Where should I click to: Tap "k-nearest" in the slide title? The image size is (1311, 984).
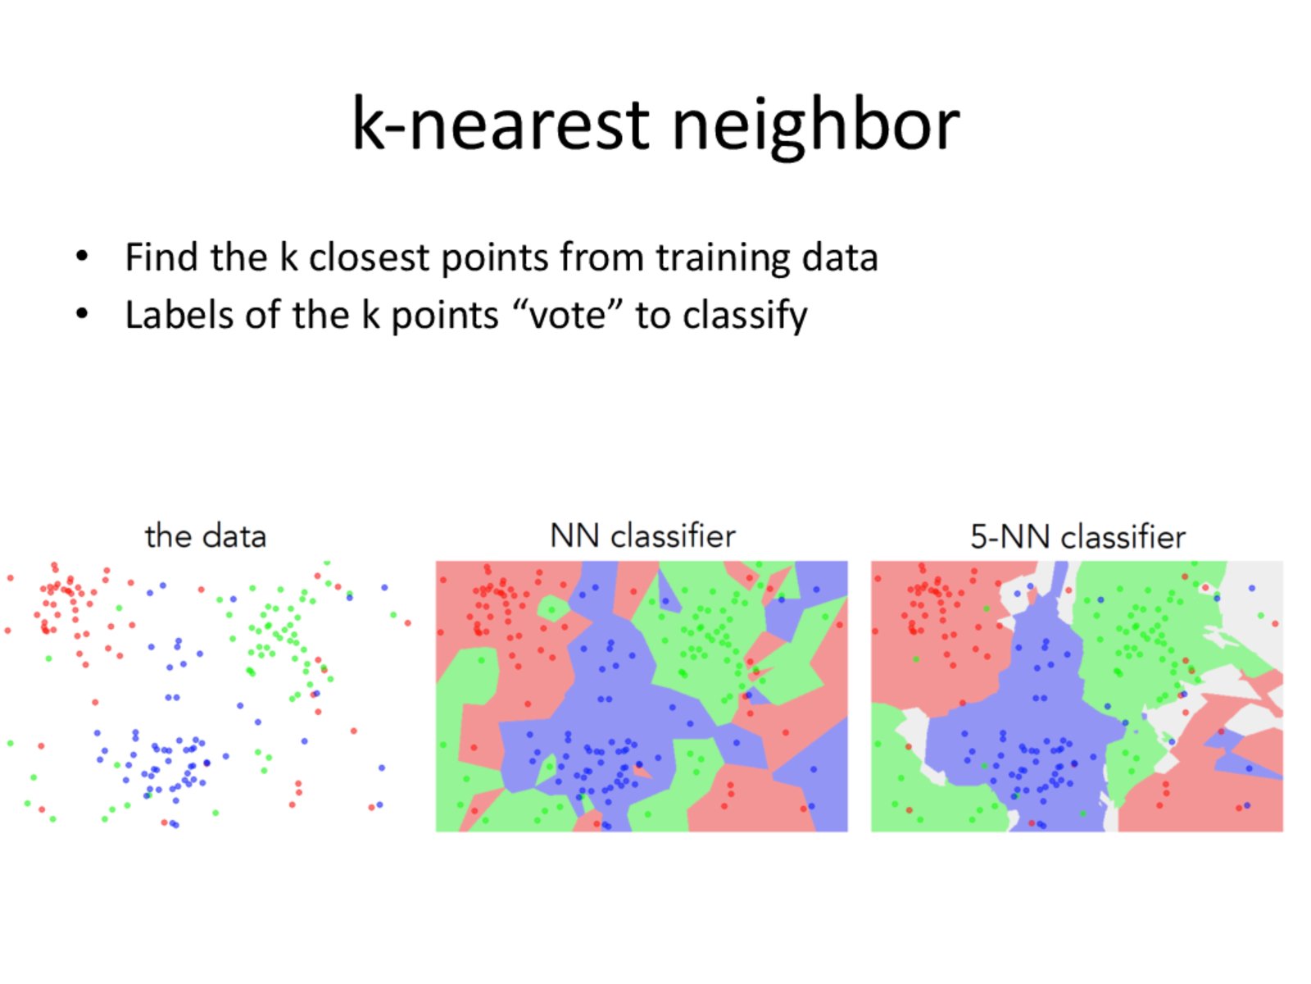pyautogui.click(x=500, y=122)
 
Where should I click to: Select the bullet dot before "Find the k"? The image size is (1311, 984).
pyautogui.click(x=82, y=257)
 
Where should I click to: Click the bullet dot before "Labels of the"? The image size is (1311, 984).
pyautogui.click(x=82, y=314)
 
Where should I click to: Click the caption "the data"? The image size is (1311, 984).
pyautogui.click(x=205, y=535)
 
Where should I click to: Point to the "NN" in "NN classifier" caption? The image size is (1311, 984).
pyautogui.click(x=574, y=535)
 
